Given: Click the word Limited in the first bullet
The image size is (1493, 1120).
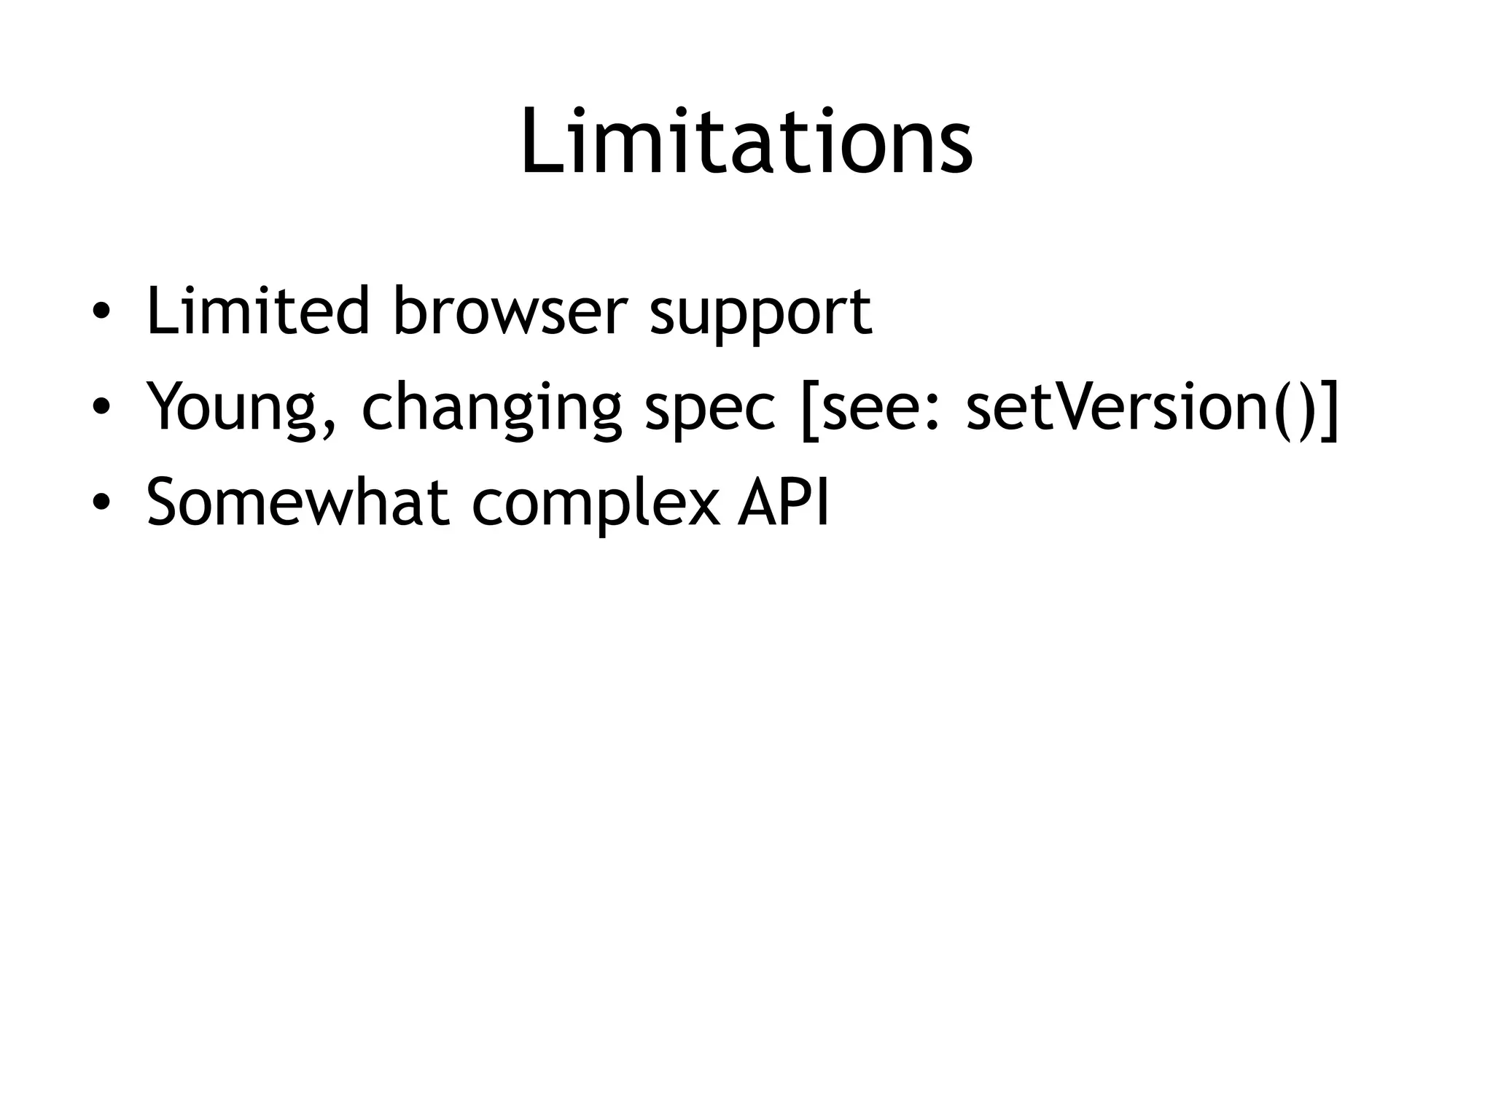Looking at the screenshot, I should tap(257, 311).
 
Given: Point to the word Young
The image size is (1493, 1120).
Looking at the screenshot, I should tap(237, 408).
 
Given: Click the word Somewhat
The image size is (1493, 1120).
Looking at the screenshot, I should tap(297, 502).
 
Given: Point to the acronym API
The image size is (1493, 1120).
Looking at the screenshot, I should tap(784, 502).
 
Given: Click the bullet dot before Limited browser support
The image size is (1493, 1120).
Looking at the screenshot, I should tap(101, 314).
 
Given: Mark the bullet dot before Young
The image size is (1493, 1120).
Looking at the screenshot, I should tap(101, 408).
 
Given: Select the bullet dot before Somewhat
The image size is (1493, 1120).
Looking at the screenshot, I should tap(101, 504).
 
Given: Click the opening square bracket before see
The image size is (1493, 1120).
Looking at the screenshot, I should tap(807, 408).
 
